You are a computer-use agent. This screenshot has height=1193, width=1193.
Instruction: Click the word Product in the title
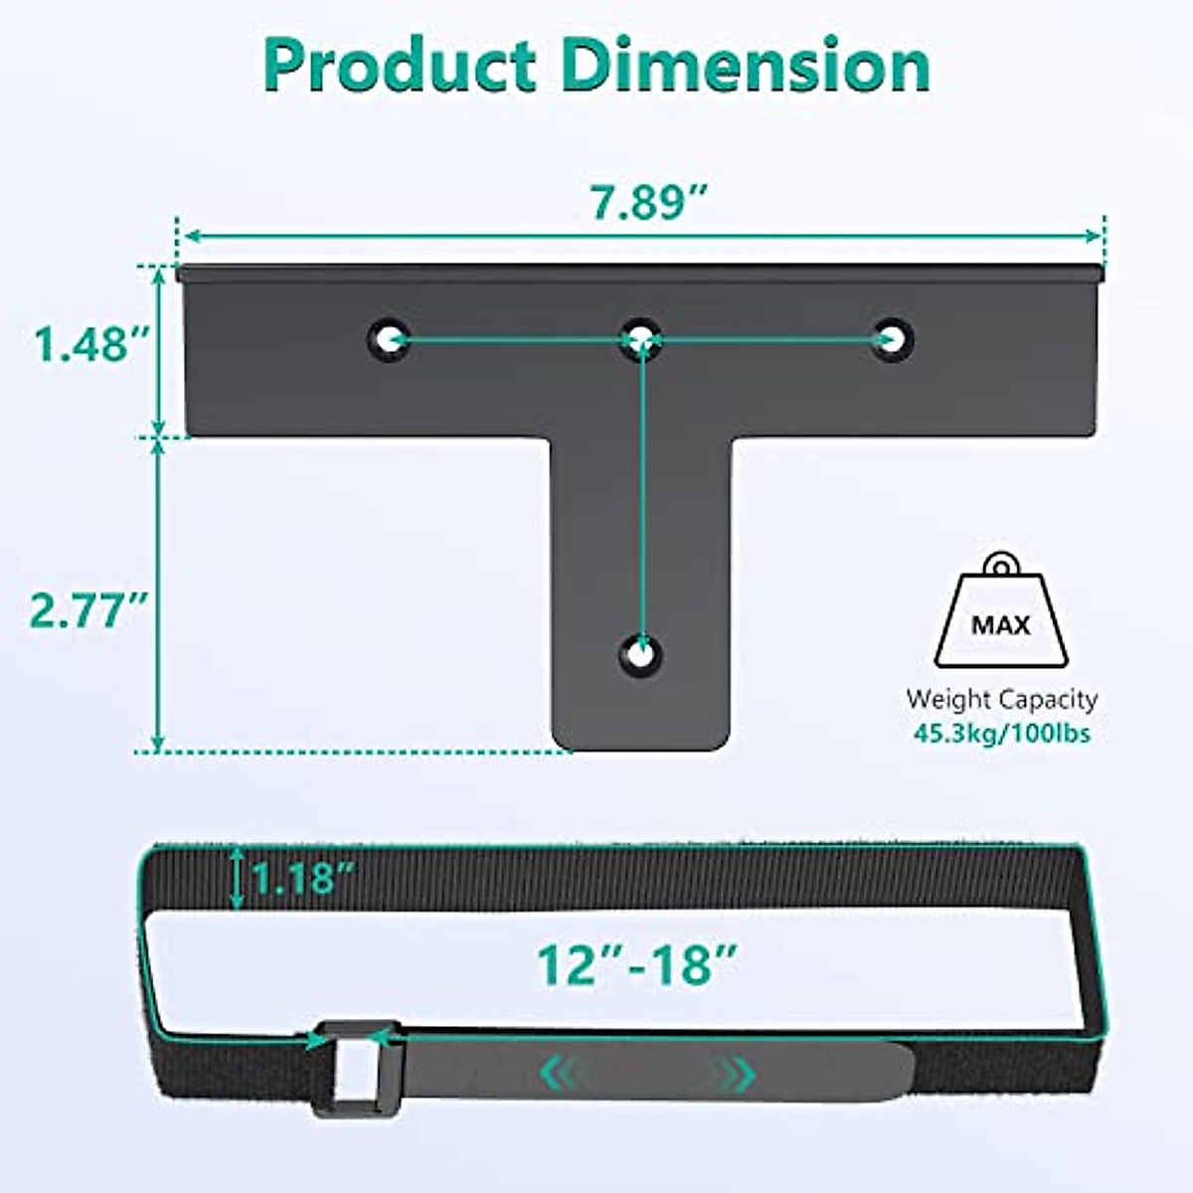coord(398,66)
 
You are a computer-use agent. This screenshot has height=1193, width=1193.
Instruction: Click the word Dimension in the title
coord(746,66)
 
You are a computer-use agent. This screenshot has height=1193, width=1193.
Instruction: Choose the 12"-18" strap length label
coord(637,963)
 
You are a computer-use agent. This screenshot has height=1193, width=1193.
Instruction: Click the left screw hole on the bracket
coord(389,339)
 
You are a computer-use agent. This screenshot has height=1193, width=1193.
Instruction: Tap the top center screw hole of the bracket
coord(642,339)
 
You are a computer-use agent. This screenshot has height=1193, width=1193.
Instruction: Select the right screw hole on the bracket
coord(893,339)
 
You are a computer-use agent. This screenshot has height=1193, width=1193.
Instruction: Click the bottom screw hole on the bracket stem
coord(642,654)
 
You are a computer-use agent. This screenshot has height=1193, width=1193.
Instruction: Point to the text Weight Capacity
coord(1001,699)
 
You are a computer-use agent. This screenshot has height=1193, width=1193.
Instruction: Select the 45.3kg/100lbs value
coord(1001,735)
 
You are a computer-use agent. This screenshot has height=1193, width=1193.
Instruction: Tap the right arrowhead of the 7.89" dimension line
coord(1096,237)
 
